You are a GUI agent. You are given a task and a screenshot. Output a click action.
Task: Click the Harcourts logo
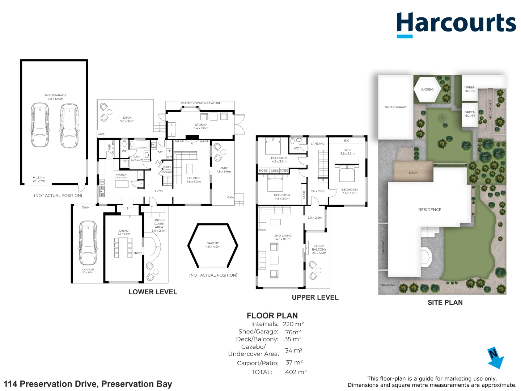tap(456, 24)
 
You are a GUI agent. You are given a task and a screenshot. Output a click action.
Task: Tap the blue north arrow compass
tap(495, 358)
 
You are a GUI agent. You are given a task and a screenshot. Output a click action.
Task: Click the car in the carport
tap(88, 243)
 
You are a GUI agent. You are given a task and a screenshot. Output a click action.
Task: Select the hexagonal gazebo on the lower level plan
tap(213, 245)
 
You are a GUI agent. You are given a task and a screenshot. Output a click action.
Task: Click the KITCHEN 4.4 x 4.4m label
tap(121, 176)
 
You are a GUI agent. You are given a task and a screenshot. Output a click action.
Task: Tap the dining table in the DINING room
tap(123, 248)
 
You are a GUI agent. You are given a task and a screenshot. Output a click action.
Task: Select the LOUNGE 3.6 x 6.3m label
tap(194, 180)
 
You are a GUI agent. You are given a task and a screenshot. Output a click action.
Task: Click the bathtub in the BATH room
tap(140, 144)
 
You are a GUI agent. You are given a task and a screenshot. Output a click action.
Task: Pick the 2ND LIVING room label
tap(283, 237)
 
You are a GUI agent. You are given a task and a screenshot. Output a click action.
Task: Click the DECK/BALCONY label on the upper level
tap(319, 249)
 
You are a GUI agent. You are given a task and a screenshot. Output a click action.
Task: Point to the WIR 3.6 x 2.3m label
tap(347, 151)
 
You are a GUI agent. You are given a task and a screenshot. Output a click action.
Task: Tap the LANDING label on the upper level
tap(318, 144)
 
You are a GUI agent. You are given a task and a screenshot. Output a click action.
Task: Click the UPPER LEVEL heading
tap(315, 297)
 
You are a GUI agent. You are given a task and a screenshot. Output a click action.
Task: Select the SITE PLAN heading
tap(445, 302)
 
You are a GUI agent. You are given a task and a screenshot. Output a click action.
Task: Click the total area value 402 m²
tap(296, 372)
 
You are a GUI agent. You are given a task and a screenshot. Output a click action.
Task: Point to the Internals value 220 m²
tap(293, 324)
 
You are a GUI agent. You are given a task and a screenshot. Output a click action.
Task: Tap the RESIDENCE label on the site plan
tap(430, 210)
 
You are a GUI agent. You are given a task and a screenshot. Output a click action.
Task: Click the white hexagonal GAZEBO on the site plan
tap(427, 89)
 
